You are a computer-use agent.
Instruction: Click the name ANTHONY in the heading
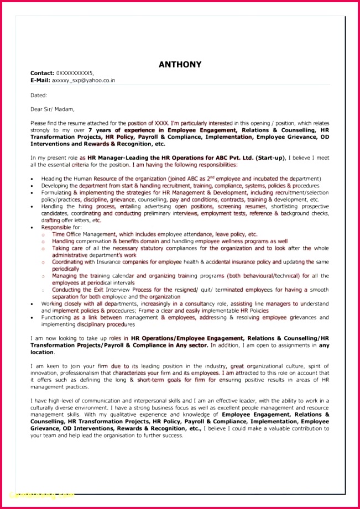tap(180, 65)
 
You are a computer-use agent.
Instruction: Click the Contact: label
tap(42, 73)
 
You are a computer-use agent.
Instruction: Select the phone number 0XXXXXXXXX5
tap(75, 73)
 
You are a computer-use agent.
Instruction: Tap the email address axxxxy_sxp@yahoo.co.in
tap(84, 80)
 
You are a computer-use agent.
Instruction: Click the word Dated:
tap(39, 95)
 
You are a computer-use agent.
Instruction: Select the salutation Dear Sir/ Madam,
tap(53, 109)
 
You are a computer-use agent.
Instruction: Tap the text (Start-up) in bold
tap(269, 158)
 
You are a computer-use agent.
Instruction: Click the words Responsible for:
tap(61, 227)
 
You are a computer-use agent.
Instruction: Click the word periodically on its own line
tap(66, 269)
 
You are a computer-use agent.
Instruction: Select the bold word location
tap(42, 352)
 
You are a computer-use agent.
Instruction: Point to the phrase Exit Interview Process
tap(117, 290)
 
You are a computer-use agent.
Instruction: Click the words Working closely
tap(60, 303)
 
